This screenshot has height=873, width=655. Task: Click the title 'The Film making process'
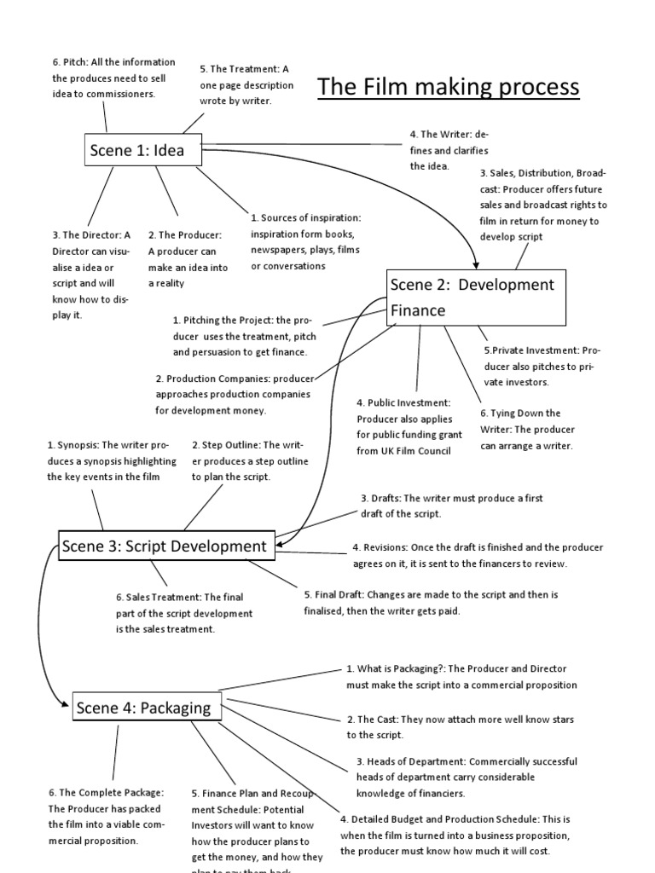click(448, 87)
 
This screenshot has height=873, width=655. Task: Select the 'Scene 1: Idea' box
click(137, 152)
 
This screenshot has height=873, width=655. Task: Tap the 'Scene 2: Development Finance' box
click(475, 298)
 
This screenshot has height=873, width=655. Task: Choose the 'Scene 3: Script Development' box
click(165, 546)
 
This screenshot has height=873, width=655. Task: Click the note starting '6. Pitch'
click(113, 78)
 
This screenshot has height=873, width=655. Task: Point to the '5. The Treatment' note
click(246, 84)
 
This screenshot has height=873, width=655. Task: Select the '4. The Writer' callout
click(449, 150)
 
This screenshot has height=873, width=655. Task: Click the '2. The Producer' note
click(188, 259)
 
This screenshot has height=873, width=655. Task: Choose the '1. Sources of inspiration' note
click(305, 242)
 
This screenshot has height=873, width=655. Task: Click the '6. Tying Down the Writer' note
click(526, 430)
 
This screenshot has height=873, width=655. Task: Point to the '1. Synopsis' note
click(112, 460)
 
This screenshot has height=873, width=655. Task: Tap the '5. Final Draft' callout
click(431, 603)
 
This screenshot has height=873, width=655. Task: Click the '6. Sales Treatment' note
click(184, 613)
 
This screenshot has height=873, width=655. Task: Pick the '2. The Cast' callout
click(460, 727)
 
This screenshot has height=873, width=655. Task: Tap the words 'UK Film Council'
click(415, 451)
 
